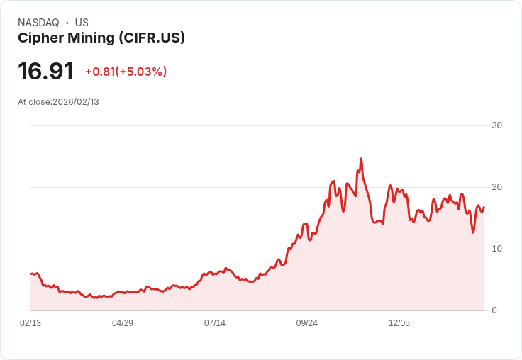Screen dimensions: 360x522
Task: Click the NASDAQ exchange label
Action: [38, 23]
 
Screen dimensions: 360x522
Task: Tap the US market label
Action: [82, 23]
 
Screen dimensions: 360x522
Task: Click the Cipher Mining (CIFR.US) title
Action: [101, 38]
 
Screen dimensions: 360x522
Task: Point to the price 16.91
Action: [46, 72]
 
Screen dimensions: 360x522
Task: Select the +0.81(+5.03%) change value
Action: [126, 72]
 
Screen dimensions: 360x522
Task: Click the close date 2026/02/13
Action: [76, 102]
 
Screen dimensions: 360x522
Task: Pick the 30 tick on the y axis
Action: [496, 125]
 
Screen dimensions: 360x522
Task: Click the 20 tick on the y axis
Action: [496, 187]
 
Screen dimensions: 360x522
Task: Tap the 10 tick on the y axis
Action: [496, 249]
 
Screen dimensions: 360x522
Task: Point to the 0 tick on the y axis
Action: [494, 310]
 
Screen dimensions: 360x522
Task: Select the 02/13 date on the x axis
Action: [30, 323]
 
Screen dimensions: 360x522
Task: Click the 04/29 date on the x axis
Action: [123, 323]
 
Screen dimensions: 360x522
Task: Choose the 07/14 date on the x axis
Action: [215, 323]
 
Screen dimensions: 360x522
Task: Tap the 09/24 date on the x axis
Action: [307, 323]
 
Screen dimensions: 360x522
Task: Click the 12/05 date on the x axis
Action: [399, 323]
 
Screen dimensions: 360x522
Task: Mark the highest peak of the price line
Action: [361, 159]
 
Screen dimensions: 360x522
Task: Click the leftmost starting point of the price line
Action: [30, 273]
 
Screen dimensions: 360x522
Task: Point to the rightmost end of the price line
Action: [484, 207]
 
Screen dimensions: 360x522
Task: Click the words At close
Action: [34, 102]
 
